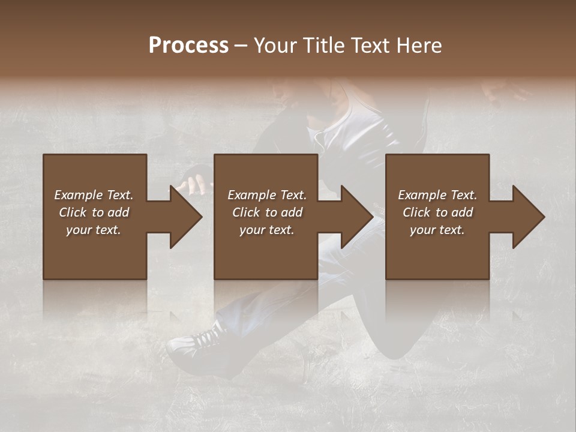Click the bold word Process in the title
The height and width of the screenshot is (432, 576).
[188, 46]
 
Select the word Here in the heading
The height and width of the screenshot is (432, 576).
[418, 46]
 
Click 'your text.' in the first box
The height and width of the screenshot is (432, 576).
[94, 230]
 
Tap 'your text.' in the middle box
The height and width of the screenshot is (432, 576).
[266, 230]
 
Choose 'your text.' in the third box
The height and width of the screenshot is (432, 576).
[437, 230]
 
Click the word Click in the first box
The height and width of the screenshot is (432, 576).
[73, 212]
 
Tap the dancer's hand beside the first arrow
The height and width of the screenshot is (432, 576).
[193, 183]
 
